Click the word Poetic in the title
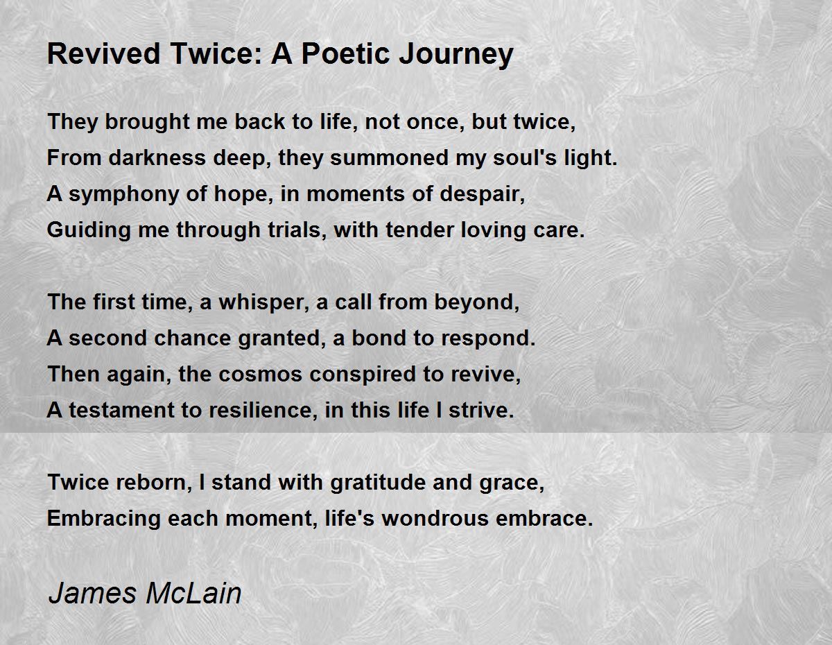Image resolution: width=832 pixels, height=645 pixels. click(x=346, y=53)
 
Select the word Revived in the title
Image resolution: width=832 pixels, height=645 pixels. click(x=103, y=53)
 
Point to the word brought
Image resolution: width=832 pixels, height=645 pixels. click(x=147, y=123)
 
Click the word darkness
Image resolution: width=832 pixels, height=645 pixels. click(x=157, y=157)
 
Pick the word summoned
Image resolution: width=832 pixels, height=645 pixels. click(x=389, y=157)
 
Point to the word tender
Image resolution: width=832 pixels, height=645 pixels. click(x=419, y=230)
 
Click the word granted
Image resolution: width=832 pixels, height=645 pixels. click(x=281, y=339)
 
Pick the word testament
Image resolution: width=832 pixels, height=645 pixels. click(x=122, y=410)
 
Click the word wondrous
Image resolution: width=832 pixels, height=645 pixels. click(x=435, y=519)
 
